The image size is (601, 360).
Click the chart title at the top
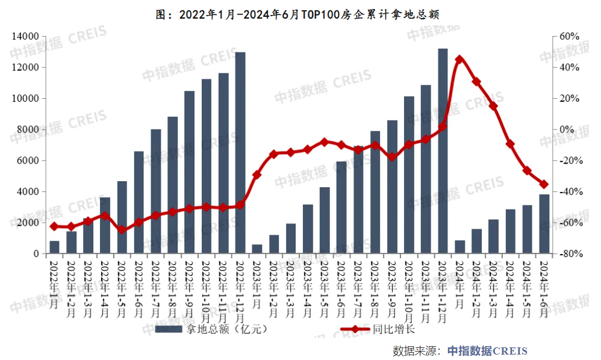click(x=301, y=14)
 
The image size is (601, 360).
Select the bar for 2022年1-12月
click(x=240, y=153)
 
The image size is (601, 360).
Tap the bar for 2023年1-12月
click(x=443, y=151)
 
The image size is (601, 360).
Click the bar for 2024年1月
click(x=459, y=247)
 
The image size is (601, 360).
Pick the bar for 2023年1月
click(x=257, y=249)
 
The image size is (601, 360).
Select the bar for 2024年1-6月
click(x=544, y=224)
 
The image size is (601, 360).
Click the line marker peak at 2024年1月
click(x=459, y=60)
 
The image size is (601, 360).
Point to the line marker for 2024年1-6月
click(x=544, y=184)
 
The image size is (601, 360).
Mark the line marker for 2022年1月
click(x=54, y=226)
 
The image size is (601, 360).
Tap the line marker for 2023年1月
click(x=257, y=175)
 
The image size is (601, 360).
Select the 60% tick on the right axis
click(x=569, y=36)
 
